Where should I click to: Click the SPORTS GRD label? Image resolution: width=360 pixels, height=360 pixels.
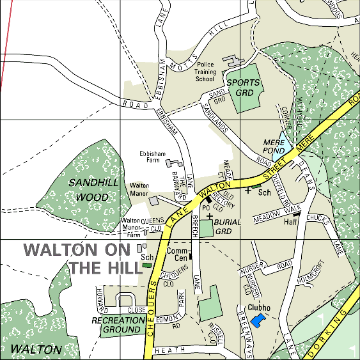click(244, 88)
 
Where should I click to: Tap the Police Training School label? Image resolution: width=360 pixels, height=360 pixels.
click(205, 72)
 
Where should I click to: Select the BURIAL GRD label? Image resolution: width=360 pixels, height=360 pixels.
click(228, 226)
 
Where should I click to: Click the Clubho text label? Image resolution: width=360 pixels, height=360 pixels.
click(259, 308)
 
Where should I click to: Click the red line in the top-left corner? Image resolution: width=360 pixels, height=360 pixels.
click(6, 45)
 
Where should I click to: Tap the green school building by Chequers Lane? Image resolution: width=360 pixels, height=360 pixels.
click(147, 265)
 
